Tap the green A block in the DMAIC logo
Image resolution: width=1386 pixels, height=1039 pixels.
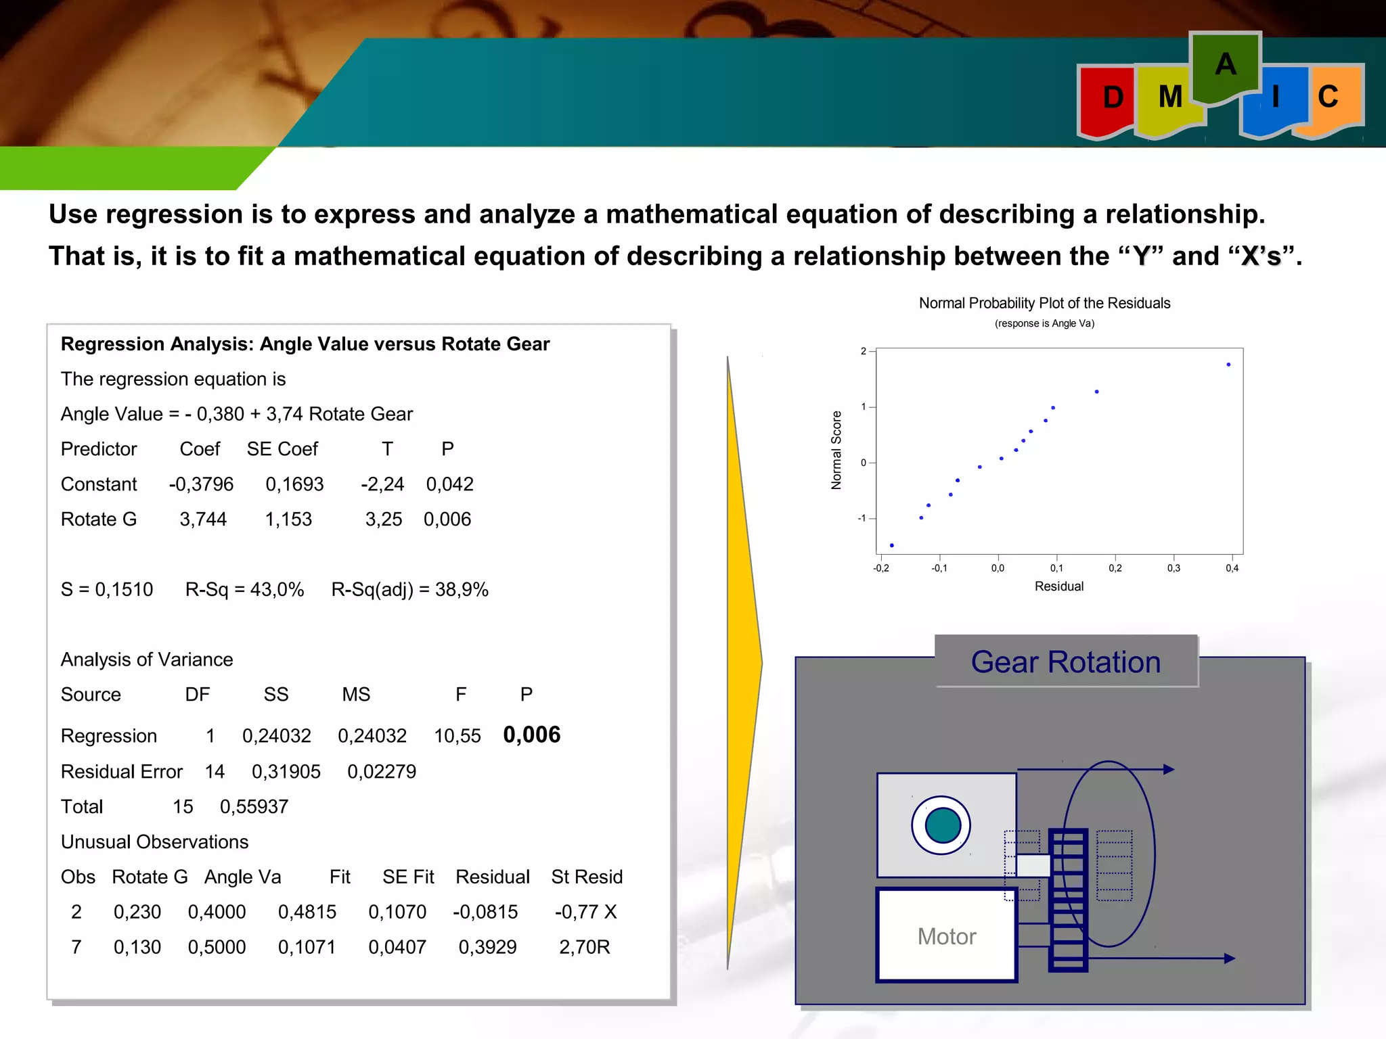pos(1225,66)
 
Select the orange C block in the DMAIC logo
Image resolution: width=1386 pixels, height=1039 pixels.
pos(1328,97)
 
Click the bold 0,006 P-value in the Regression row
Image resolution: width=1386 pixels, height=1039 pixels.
pos(531,735)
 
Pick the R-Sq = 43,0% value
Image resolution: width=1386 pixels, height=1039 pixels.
pos(244,590)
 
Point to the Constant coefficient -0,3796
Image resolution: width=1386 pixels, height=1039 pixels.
pos(201,484)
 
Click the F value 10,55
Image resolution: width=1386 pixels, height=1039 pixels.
pos(457,736)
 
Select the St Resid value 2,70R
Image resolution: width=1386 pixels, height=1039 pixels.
pos(584,947)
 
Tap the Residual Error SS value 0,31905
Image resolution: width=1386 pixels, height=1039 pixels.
pos(286,772)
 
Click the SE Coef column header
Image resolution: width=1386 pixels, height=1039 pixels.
pos(282,449)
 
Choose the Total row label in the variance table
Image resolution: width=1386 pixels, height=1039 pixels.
pos(82,807)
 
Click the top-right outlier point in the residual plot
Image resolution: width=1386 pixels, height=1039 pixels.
pos(1228,365)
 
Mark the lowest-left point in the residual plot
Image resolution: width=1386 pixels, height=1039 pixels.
pos(892,545)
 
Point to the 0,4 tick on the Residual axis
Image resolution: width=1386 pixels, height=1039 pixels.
pos(1232,568)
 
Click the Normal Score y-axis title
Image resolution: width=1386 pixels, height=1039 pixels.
pos(836,450)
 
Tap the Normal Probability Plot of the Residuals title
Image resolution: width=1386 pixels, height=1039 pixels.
pos(1044,303)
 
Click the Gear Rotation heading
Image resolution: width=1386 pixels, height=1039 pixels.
pos(1065,662)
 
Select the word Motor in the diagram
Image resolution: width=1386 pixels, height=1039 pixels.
pos(946,937)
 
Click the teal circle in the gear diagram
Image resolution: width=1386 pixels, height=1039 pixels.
pos(942,825)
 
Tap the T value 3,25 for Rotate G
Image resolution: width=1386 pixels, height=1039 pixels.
pos(383,519)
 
